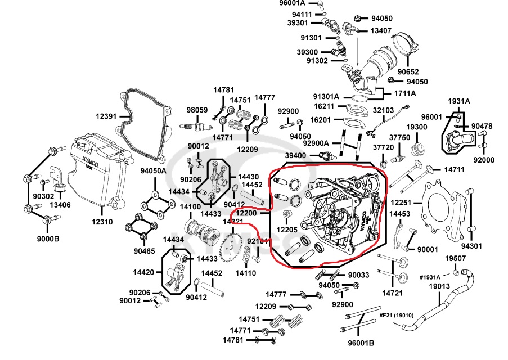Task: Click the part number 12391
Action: click(x=106, y=116)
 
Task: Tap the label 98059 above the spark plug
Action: click(x=197, y=110)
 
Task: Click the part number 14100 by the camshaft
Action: click(x=191, y=207)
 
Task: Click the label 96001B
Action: click(x=357, y=343)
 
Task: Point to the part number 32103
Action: click(x=384, y=111)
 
